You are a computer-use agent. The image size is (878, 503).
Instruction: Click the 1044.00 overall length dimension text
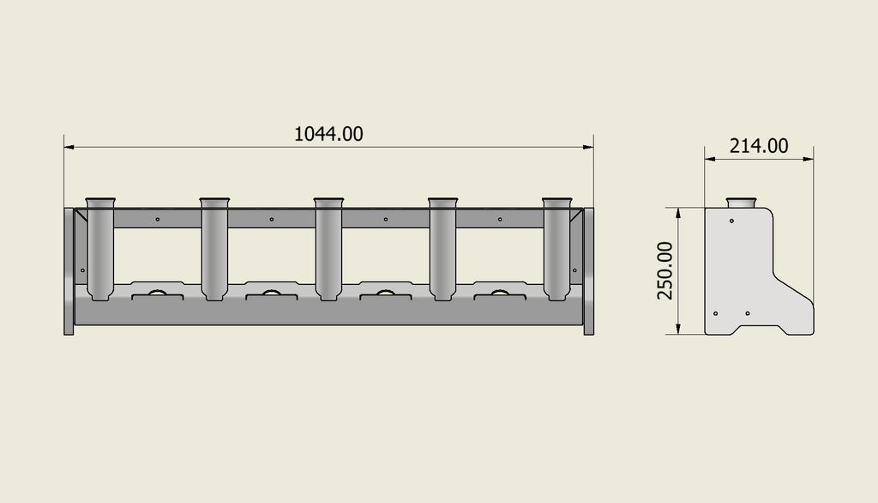(x=328, y=134)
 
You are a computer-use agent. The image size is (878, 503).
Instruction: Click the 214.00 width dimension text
(x=759, y=146)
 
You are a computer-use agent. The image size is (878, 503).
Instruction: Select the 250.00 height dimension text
(x=665, y=270)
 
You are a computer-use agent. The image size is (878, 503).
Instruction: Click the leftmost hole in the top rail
(x=158, y=220)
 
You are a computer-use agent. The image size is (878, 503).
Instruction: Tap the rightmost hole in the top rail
(x=499, y=220)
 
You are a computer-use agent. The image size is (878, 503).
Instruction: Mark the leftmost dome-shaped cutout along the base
(x=158, y=294)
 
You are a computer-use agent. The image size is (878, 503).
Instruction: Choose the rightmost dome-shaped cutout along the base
(x=499, y=294)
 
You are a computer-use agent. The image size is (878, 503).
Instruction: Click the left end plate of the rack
(x=69, y=270)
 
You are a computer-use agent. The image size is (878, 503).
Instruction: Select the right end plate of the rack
(x=588, y=270)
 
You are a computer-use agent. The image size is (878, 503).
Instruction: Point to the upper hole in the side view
(x=731, y=221)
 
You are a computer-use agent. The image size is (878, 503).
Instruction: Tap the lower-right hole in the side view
(x=748, y=313)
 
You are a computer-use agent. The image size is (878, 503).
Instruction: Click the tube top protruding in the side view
(x=740, y=203)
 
